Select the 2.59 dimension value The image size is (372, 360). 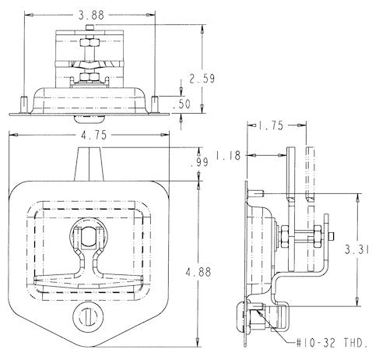tap(201, 78)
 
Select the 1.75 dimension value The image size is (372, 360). tap(272, 124)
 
